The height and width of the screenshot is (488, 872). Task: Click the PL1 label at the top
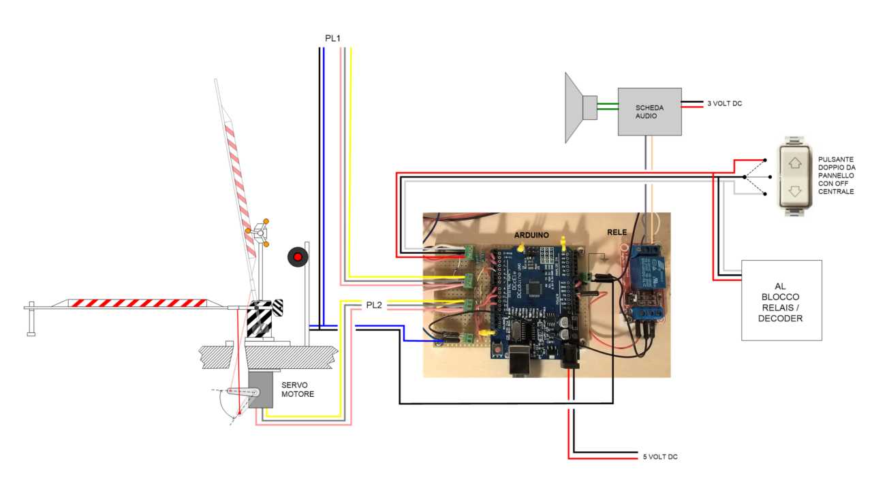(x=332, y=39)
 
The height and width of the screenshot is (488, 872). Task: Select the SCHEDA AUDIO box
(x=649, y=112)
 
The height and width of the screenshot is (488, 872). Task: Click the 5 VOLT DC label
(x=660, y=457)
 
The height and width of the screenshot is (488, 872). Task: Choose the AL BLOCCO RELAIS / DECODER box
(x=781, y=300)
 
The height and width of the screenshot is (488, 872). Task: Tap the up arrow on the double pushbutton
(x=796, y=163)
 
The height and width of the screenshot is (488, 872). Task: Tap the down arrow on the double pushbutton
(x=796, y=191)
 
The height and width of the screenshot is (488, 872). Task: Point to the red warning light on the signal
(x=298, y=256)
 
